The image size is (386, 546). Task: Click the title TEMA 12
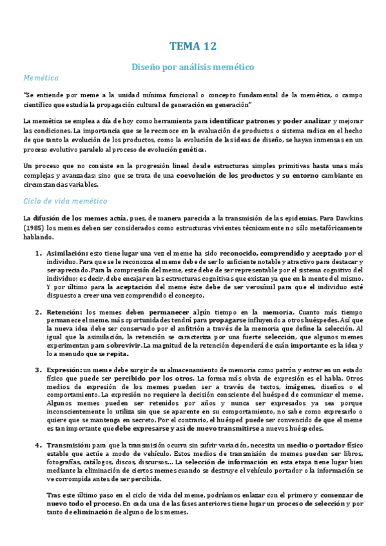click(x=193, y=46)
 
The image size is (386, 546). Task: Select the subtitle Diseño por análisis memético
click(x=193, y=66)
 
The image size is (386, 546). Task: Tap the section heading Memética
click(x=41, y=78)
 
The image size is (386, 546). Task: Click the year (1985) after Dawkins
click(x=34, y=228)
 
